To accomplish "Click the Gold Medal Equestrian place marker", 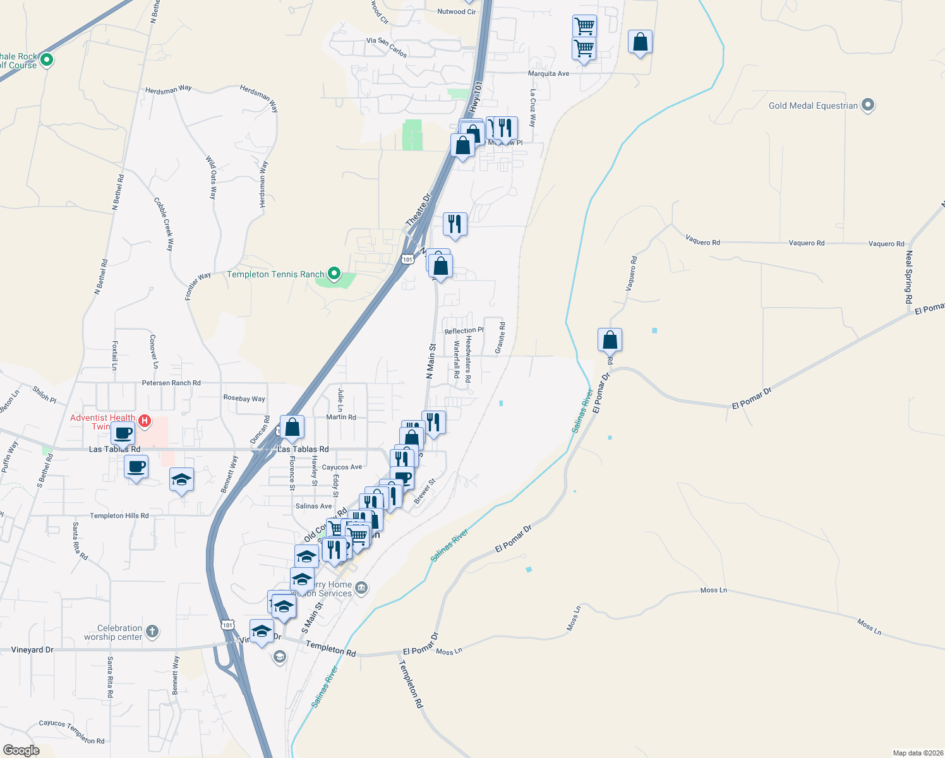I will (868, 105).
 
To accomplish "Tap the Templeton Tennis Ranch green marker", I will (334, 274).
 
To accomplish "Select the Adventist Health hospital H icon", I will (145, 421).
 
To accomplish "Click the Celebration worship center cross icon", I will (152, 632).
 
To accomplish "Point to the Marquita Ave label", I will (548, 74).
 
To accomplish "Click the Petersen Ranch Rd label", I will (171, 383).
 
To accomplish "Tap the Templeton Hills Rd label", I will (119, 516).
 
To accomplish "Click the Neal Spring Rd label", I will (909, 278).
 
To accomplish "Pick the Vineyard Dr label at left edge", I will (32, 650).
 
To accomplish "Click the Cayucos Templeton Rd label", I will (72, 732).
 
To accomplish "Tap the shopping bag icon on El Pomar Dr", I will (610, 340).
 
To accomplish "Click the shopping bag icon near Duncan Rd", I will (292, 428).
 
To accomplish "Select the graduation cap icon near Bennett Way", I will (182, 480).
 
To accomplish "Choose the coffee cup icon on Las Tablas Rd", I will (123, 433).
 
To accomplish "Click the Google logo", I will (21, 750).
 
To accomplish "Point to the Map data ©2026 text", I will (917, 753).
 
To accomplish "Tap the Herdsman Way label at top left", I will (168, 90).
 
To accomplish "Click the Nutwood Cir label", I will (456, 11).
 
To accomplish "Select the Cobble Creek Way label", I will (163, 224).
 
